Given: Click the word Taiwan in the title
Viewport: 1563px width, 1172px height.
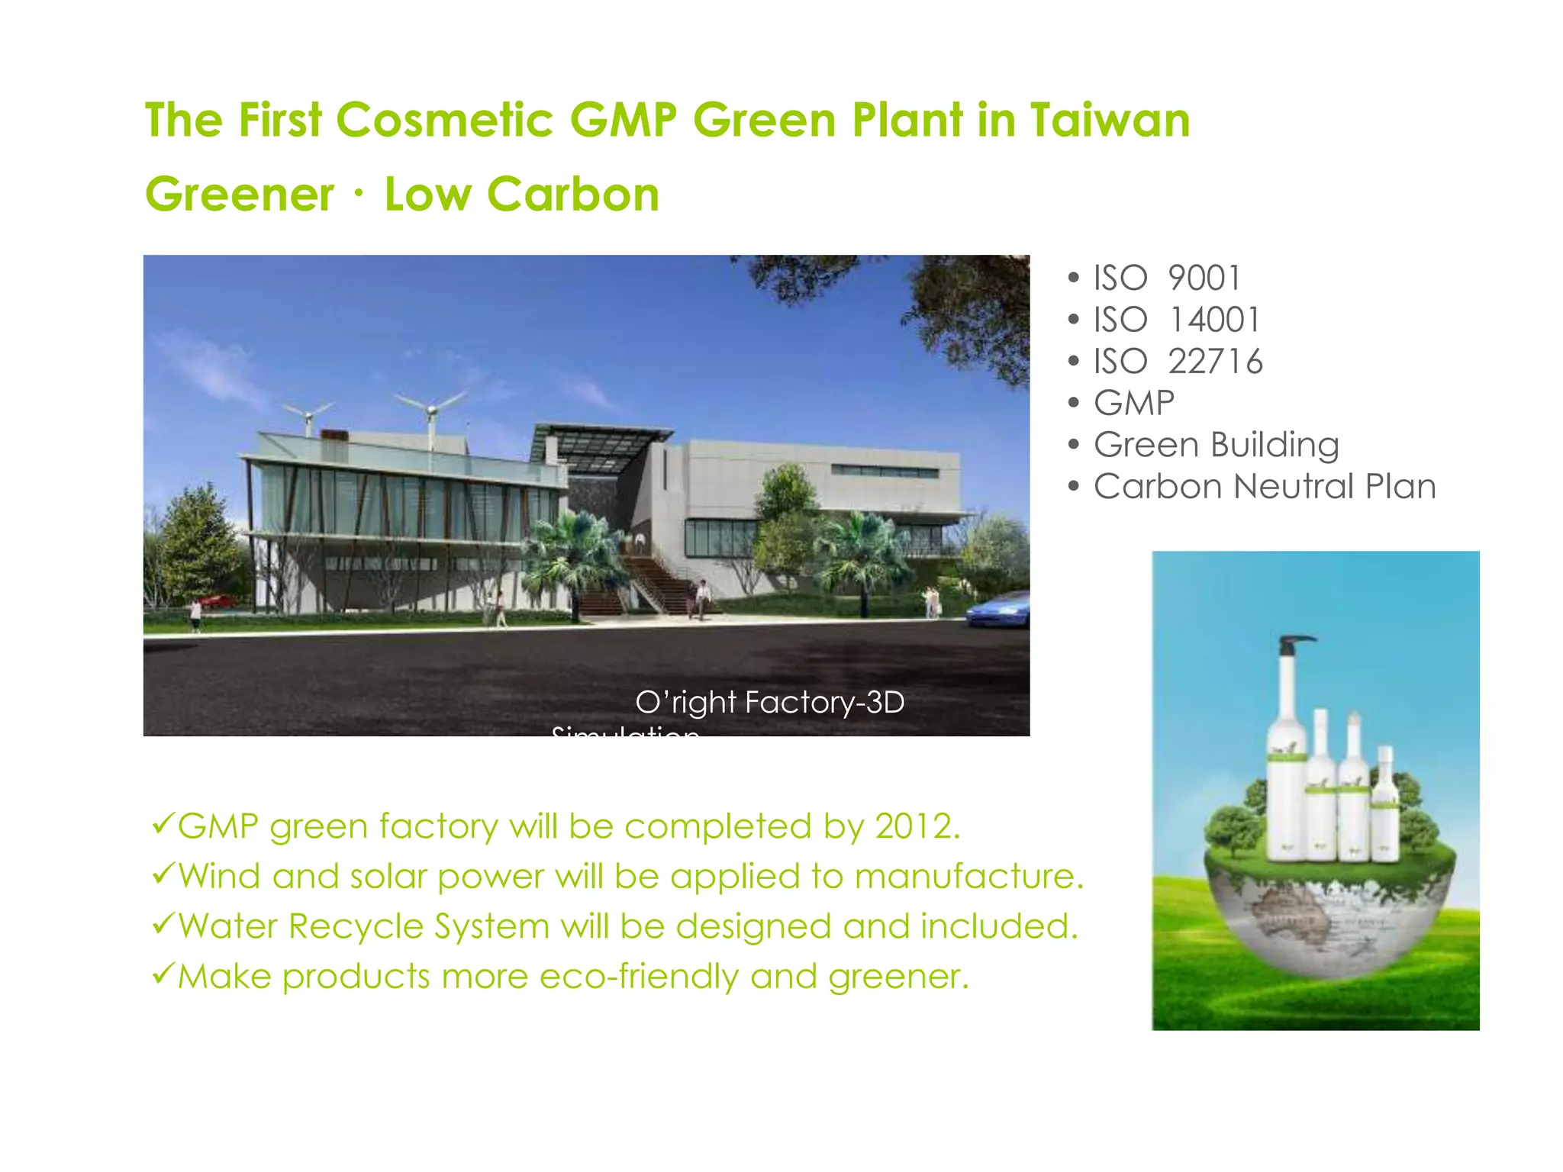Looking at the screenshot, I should coord(1110,121).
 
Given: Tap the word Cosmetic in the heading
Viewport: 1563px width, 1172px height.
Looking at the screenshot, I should coord(444,121).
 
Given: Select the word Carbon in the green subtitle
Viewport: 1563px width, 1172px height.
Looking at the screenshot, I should coord(572,195).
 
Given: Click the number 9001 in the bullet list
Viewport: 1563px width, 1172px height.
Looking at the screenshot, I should coord(1204,279).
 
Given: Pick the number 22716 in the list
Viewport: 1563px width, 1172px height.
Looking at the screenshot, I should coord(1215,362).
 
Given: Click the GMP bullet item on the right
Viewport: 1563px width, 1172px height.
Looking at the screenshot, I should coord(1133,404).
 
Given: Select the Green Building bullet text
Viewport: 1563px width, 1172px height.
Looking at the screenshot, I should coord(1216,446).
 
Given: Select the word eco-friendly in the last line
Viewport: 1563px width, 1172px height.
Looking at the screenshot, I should coord(639,977).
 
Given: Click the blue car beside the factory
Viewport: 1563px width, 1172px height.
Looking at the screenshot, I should coord(1000,610).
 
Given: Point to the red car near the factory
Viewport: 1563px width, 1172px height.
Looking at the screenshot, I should coord(218,600).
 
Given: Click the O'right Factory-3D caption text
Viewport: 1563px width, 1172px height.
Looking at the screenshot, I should coord(769,703).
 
